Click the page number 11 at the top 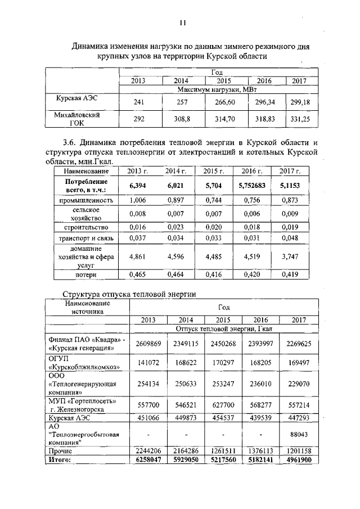[x=182, y=22]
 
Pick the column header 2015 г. [x=213, y=171]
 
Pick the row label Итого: [x=61, y=460]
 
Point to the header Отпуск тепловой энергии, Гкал [x=223, y=328]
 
